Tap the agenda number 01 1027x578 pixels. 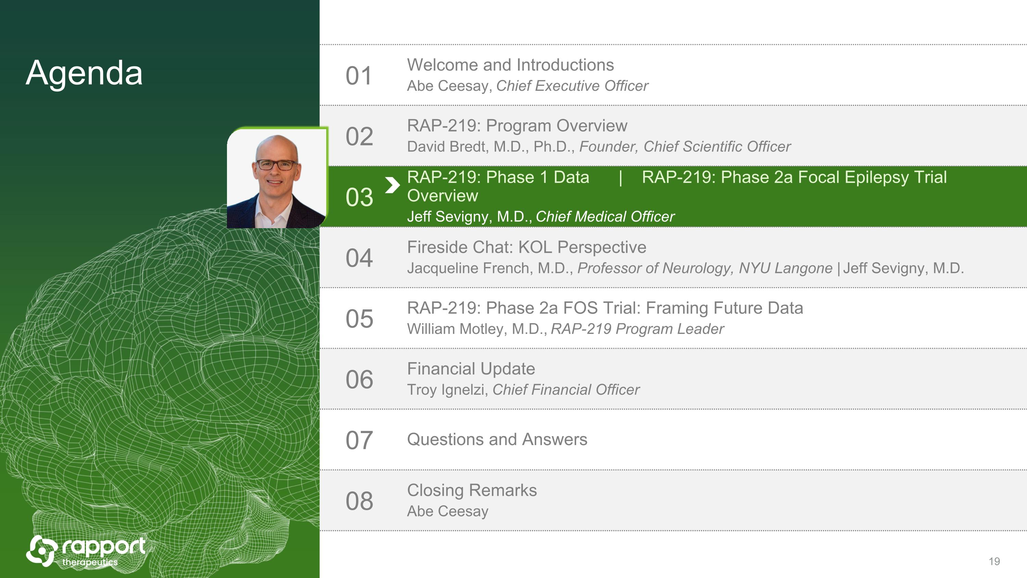359,76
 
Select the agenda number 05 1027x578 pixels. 359,319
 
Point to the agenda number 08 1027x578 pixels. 359,501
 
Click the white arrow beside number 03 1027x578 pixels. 392,185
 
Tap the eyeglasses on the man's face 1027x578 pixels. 276,164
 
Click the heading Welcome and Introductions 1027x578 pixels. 510,65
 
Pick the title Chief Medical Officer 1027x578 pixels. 605,217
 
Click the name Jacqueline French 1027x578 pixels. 470,268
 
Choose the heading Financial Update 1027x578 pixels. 471,369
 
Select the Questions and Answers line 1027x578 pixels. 497,440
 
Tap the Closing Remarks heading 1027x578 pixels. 472,490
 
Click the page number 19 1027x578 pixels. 994,562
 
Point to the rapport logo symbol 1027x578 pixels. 40,551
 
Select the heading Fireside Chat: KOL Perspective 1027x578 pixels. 527,247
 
